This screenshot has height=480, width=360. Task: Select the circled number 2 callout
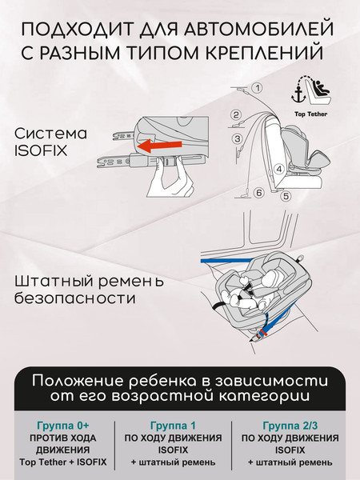pyautogui.click(x=236, y=114)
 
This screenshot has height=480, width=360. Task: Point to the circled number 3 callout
pyautogui.click(x=238, y=138)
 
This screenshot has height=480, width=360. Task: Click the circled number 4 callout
pyautogui.click(x=278, y=169)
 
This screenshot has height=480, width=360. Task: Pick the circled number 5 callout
pyautogui.click(x=286, y=195)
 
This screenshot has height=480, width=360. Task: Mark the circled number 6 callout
pyautogui.click(x=258, y=193)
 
